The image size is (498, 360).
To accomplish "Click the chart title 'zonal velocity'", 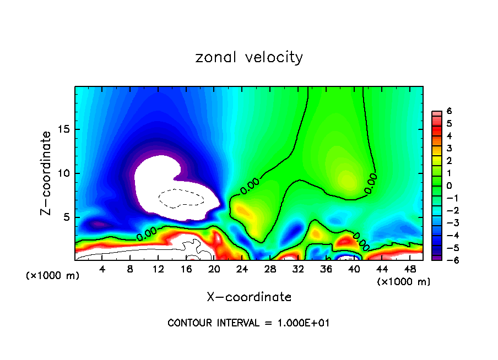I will [249, 57].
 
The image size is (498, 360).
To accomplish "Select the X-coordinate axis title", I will [249, 297].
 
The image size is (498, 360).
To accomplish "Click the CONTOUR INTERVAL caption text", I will [249, 323].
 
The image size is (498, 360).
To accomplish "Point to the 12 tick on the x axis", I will [158, 269].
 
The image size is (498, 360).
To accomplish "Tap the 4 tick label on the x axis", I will [102, 269].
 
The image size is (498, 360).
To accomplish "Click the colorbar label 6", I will [449, 111].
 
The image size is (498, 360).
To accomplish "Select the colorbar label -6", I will [447, 260].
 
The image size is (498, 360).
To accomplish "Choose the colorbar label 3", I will [449, 148].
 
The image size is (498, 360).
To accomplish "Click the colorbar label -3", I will [447, 223].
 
